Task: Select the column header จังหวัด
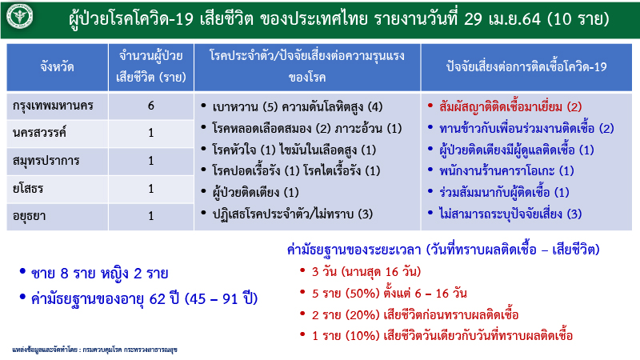pos(57,67)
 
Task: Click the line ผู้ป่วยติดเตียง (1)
pos(256,192)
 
